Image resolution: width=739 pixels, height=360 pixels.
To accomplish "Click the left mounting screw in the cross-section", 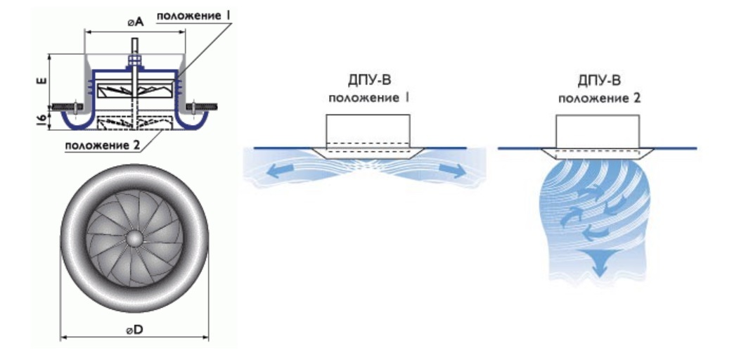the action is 68,106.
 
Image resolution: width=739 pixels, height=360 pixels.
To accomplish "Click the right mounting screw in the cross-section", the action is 205,106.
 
